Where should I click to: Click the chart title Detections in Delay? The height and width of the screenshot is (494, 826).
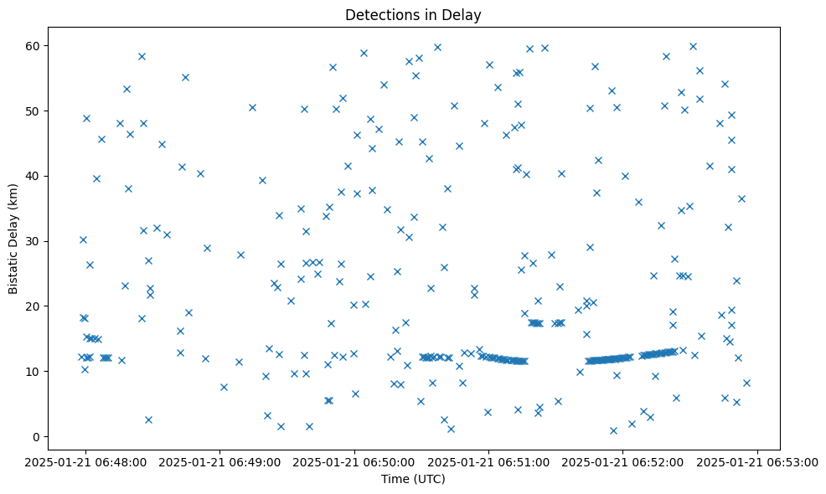click(412, 14)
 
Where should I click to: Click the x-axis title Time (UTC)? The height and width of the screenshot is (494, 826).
click(412, 480)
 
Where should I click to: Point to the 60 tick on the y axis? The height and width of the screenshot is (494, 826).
click(37, 45)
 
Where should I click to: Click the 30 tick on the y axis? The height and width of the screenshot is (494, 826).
click(37, 241)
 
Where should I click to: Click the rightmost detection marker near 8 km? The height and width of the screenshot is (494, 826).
click(746, 383)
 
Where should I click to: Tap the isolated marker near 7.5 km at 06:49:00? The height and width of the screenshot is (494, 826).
click(224, 387)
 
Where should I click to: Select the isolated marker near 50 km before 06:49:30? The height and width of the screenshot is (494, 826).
click(252, 107)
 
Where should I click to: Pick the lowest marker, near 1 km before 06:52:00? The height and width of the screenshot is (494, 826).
click(613, 430)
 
